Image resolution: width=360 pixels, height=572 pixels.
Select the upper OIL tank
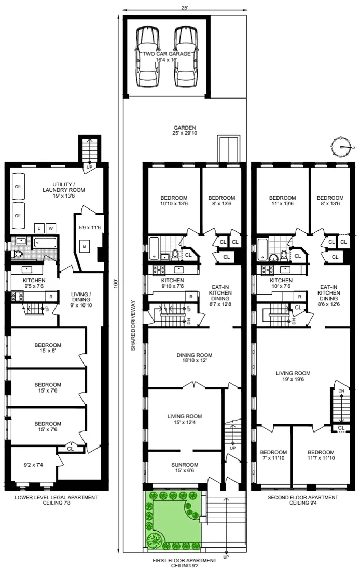(18, 186)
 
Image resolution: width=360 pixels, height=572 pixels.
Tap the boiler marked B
(83, 246)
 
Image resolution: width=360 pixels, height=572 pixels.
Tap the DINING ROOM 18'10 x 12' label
(195, 358)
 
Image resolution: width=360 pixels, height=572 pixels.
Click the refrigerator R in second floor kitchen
(300, 297)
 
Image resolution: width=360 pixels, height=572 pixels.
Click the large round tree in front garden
(154, 539)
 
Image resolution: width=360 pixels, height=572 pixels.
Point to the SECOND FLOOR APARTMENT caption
(303, 500)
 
